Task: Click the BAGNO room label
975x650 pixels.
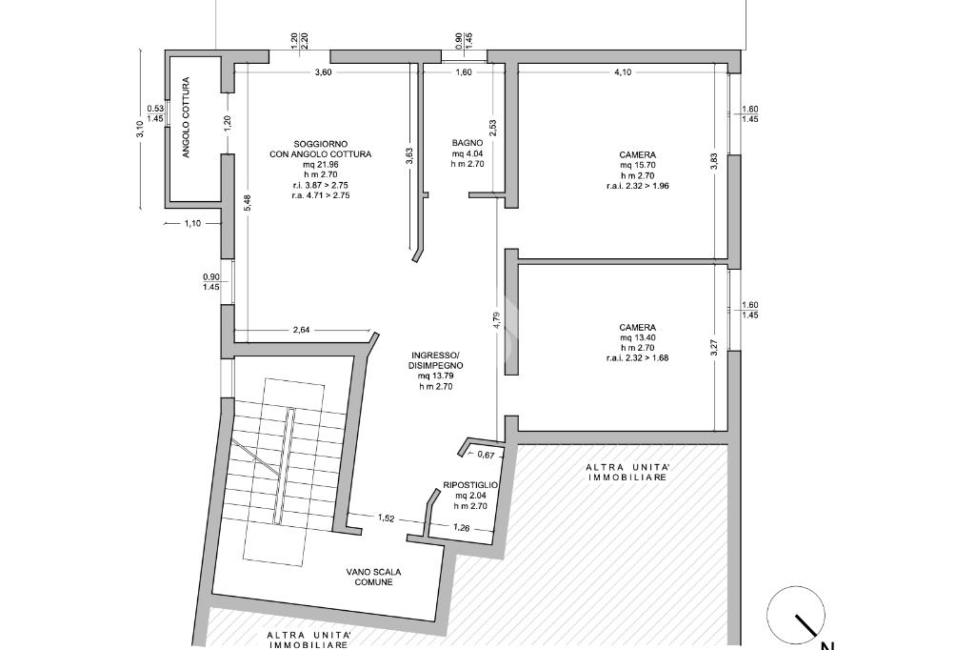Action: pos(467,143)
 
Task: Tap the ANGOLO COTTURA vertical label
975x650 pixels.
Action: pos(186,117)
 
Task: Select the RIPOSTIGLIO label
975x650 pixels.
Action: pos(470,484)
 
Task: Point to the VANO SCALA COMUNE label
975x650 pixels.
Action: pos(373,577)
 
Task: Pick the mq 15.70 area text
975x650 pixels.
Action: pos(637,165)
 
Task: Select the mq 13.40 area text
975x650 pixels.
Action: pos(637,337)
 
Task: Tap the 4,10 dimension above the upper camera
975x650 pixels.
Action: pos(623,72)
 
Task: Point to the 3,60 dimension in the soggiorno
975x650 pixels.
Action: pos(323,72)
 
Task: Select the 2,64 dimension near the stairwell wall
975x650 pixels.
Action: pos(301,330)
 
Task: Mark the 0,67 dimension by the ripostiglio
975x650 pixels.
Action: pos(486,456)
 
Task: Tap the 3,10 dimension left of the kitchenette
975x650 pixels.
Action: pos(140,130)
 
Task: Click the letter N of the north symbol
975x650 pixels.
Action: pos(828,645)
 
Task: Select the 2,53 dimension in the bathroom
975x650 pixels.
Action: pos(492,129)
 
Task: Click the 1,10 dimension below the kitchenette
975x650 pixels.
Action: pos(192,224)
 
